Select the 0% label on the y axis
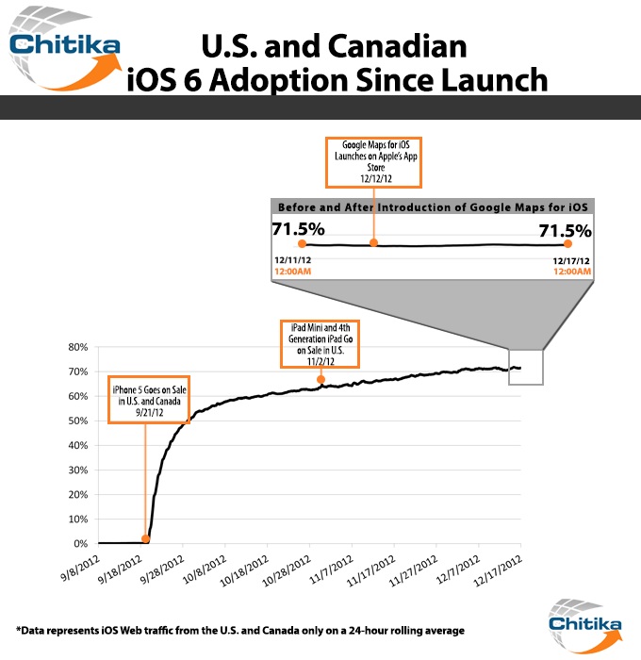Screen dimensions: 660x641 click(x=79, y=544)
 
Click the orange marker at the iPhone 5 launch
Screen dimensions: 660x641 click(x=145, y=539)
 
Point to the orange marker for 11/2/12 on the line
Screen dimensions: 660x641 click(x=321, y=380)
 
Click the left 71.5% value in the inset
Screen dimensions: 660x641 click(x=298, y=229)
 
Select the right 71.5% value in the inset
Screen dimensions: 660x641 click(x=565, y=229)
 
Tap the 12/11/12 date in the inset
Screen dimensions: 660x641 click(x=292, y=259)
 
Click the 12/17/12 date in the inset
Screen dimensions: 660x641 click(x=571, y=259)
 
